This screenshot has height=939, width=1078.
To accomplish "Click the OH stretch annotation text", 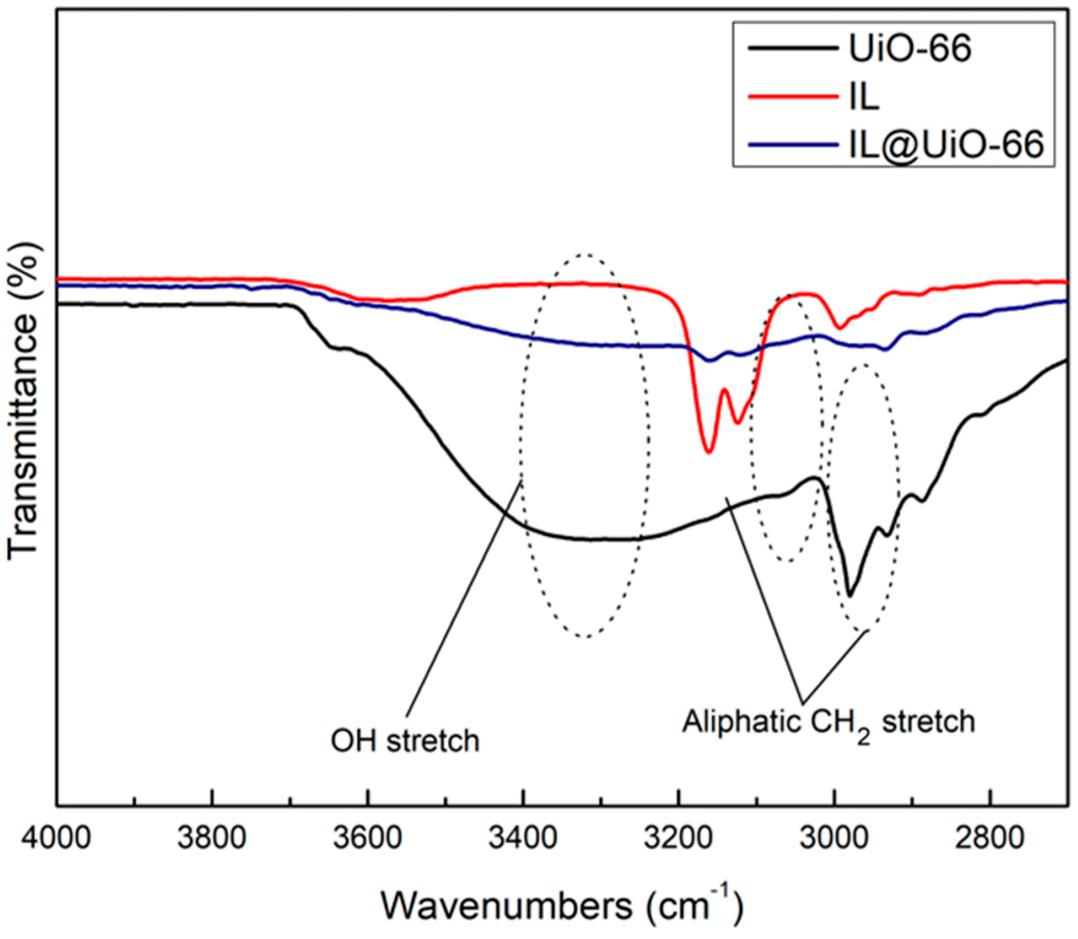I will tap(405, 741).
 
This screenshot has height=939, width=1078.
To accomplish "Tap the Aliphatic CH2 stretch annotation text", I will tap(828, 723).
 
